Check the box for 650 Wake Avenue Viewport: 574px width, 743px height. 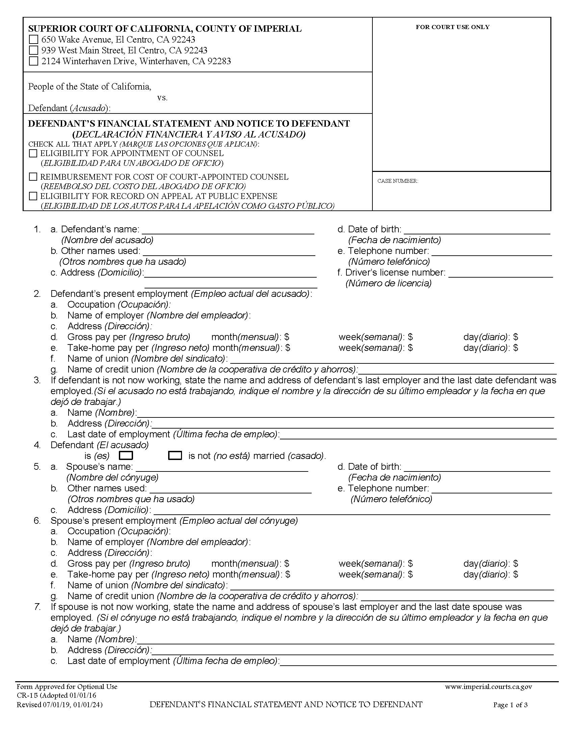click(x=33, y=40)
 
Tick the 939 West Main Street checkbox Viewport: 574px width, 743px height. click(x=33, y=50)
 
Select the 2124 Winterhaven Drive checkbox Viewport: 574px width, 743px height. click(x=33, y=61)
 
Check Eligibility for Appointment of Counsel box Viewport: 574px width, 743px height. click(x=33, y=153)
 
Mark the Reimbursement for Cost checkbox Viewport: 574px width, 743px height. click(x=33, y=177)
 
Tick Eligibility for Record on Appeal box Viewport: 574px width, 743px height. click(x=33, y=196)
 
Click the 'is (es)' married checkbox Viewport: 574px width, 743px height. click(x=126, y=456)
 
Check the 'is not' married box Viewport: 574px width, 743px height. click(x=175, y=456)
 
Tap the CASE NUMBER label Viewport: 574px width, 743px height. click(x=397, y=181)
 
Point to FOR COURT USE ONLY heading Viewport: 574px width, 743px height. click(x=452, y=27)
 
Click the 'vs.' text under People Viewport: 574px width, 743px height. click(x=162, y=98)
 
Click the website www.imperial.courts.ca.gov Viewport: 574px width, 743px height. click(x=488, y=687)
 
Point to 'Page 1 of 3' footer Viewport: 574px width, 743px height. click(x=510, y=705)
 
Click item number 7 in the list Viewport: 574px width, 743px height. click(x=37, y=607)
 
